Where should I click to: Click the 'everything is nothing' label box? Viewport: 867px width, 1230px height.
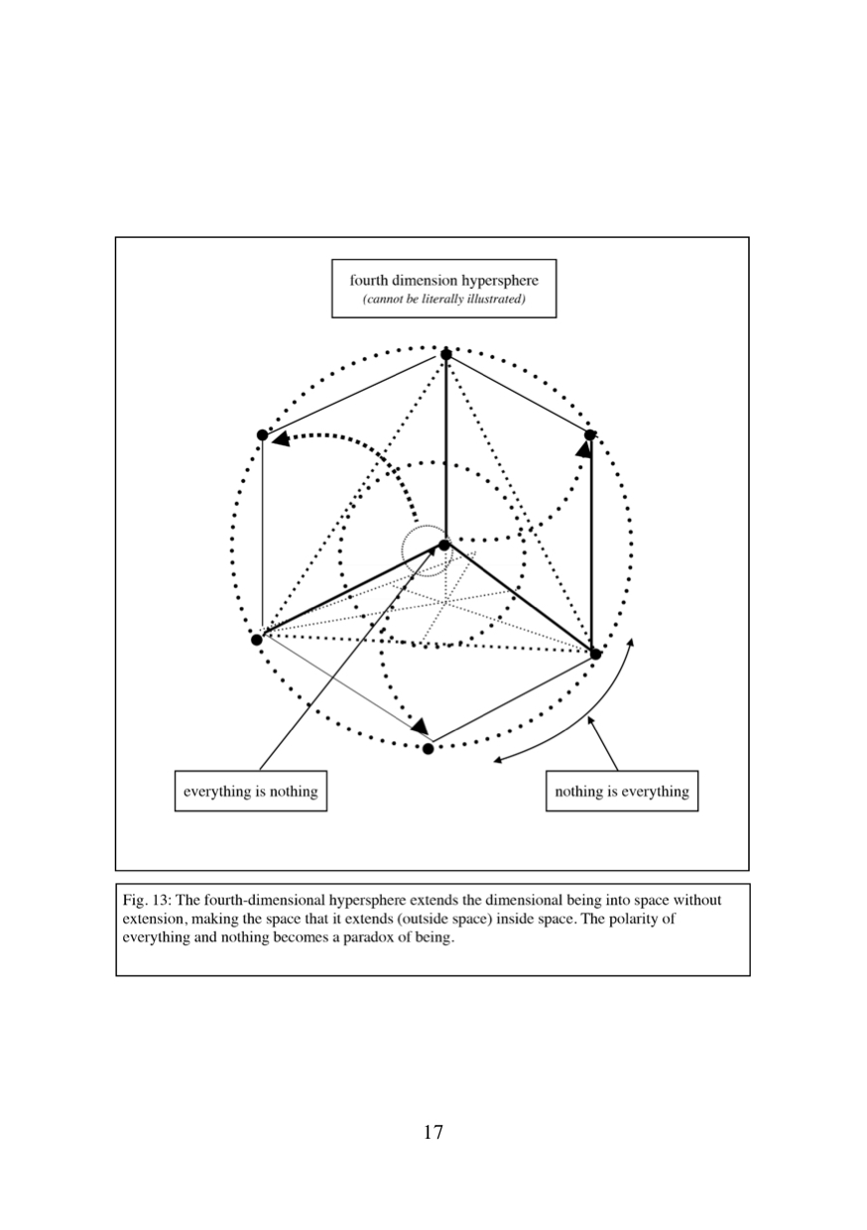251,791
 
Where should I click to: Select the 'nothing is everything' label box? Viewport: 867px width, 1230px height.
622,791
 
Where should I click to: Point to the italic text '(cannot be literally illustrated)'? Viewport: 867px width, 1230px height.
443,300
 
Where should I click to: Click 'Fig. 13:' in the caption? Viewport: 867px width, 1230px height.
147,900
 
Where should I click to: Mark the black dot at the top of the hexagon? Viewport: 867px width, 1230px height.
446,355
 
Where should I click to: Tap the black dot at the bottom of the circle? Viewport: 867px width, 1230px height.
429,749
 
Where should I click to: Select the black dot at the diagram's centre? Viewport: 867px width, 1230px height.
444,546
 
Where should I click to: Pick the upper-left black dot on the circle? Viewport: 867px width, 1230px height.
263,434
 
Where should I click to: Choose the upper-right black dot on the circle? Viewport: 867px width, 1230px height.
589,434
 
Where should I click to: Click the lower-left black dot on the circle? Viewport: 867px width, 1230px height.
256,640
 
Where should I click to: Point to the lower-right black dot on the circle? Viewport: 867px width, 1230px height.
596,654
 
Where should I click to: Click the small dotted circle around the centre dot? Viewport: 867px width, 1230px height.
402,551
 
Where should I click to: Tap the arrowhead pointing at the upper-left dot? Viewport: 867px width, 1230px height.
281,438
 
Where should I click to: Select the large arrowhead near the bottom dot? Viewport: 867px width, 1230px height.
421,726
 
